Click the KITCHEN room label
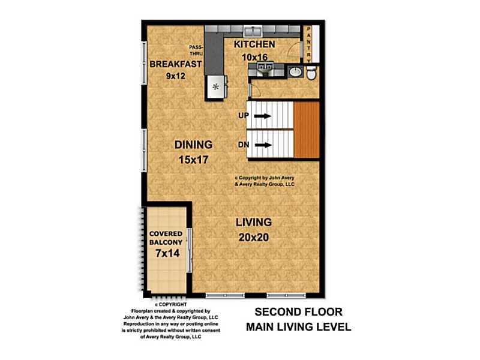(x=254, y=44)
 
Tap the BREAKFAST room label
(x=175, y=64)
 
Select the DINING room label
(x=193, y=145)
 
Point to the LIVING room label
(x=253, y=222)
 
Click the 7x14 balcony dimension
(x=167, y=253)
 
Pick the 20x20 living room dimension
(x=253, y=237)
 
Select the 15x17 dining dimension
(x=193, y=160)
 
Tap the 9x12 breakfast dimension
(x=176, y=76)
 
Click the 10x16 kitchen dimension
(x=254, y=57)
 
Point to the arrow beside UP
(x=263, y=116)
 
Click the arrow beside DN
(x=263, y=145)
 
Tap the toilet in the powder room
(x=311, y=74)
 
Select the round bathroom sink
(x=295, y=72)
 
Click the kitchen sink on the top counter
(x=253, y=31)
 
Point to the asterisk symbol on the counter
(x=216, y=86)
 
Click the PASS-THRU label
(x=196, y=50)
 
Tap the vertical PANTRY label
(x=308, y=44)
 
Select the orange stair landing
(x=307, y=130)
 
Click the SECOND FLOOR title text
(x=298, y=312)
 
